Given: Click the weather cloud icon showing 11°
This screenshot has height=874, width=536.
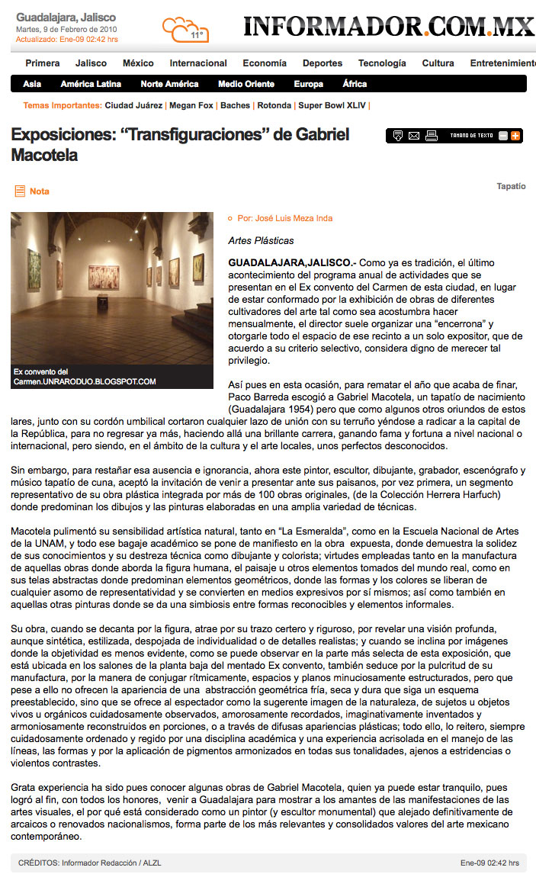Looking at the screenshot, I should pyautogui.click(x=185, y=30).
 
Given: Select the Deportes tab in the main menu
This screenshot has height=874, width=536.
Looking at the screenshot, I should pyautogui.click(x=323, y=63).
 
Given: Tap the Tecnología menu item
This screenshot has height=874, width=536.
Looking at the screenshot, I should pyautogui.click(x=382, y=63).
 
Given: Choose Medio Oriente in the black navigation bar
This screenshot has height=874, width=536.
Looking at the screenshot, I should pyautogui.click(x=246, y=84).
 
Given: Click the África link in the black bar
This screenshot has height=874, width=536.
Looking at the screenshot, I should pyautogui.click(x=355, y=84).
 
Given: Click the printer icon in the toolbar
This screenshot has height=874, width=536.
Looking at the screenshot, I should pyautogui.click(x=432, y=136).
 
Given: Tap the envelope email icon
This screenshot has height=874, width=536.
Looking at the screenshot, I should pyautogui.click(x=414, y=136).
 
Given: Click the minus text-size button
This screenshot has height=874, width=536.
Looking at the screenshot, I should pyautogui.click(x=503, y=136).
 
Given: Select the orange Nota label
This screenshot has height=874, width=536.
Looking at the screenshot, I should pyautogui.click(x=39, y=191).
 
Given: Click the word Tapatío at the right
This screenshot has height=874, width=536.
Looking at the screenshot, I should pyautogui.click(x=511, y=186).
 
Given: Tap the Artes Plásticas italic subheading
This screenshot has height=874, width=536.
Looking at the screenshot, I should pyautogui.click(x=261, y=240).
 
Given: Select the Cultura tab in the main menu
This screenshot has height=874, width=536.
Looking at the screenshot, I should pyautogui.click(x=438, y=63).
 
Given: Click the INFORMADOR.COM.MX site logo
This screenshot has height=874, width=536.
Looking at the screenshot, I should pyautogui.click(x=389, y=27).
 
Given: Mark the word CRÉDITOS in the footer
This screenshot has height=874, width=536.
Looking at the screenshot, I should pyautogui.click(x=39, y=863).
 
